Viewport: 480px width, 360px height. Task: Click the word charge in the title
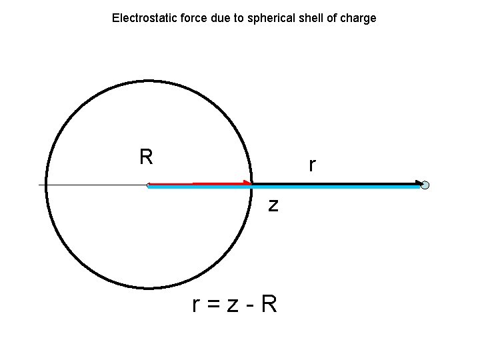(x=358, y=18)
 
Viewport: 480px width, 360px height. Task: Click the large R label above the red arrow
(x=146, y=157)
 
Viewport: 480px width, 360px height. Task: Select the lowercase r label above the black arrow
(x=312, y=165)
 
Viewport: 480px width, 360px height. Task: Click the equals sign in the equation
(x=213, y=305)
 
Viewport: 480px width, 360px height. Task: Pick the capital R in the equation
(x=269, y=304)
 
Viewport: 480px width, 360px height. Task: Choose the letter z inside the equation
(x=233, y=306)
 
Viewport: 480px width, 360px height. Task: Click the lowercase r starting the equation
(x=195, y=306)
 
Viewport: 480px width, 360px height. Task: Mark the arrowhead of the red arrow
(x=248, y=183)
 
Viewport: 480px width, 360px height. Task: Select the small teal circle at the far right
(x=425, y=185)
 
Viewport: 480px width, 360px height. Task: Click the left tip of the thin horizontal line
(x=39, y=185)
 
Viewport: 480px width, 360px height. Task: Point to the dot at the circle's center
(x=149, y=185)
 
